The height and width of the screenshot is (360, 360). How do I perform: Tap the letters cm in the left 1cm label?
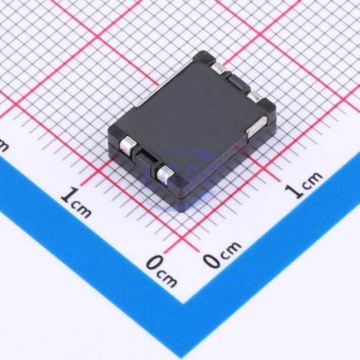(x=81, y=209)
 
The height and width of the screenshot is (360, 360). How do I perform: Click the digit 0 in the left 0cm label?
(x=154, y=263)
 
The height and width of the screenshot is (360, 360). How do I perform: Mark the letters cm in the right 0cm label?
(x=231, y=249)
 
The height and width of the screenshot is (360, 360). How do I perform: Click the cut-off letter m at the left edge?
(x=3, y=145)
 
